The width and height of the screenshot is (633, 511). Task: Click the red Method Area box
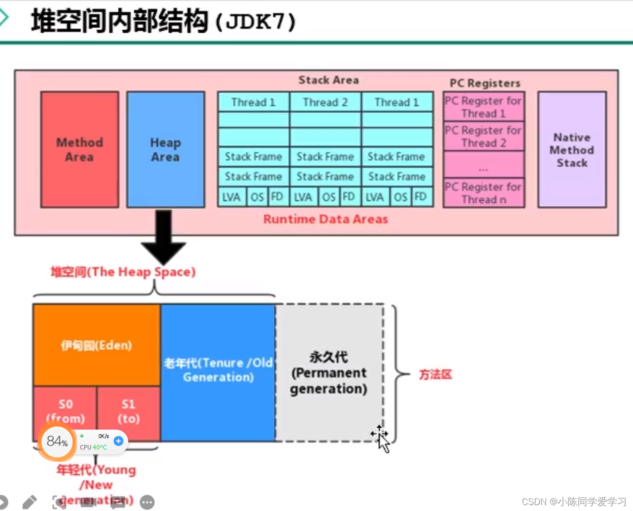point(79,149)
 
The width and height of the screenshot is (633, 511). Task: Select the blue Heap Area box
point(165,149)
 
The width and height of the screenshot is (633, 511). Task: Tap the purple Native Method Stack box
point(571,149)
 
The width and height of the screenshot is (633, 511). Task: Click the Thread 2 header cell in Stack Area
point(325,102)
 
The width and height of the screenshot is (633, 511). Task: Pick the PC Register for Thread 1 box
point(483,107)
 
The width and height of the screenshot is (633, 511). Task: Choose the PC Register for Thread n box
point(483,193)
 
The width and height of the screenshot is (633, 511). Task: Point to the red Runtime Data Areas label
point(325,219)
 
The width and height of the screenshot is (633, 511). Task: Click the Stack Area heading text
point(328,80)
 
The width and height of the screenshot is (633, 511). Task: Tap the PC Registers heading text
point(485,83)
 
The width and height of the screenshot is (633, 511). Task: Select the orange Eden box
point(96,345)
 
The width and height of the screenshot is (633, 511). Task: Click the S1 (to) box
point(128,412)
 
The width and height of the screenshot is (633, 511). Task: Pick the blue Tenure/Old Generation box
point(218,370)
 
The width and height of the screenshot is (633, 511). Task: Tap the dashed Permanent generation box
point(329,373)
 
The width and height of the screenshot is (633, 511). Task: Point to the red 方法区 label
point(436,375)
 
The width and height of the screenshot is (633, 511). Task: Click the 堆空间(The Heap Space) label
point(123,272)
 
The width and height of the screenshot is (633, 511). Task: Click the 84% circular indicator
point(57,441)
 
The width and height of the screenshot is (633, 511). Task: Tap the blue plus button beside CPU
point(118,441)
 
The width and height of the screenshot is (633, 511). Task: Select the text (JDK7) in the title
point(255,22)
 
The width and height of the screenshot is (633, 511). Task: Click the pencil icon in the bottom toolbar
point(30,502)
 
